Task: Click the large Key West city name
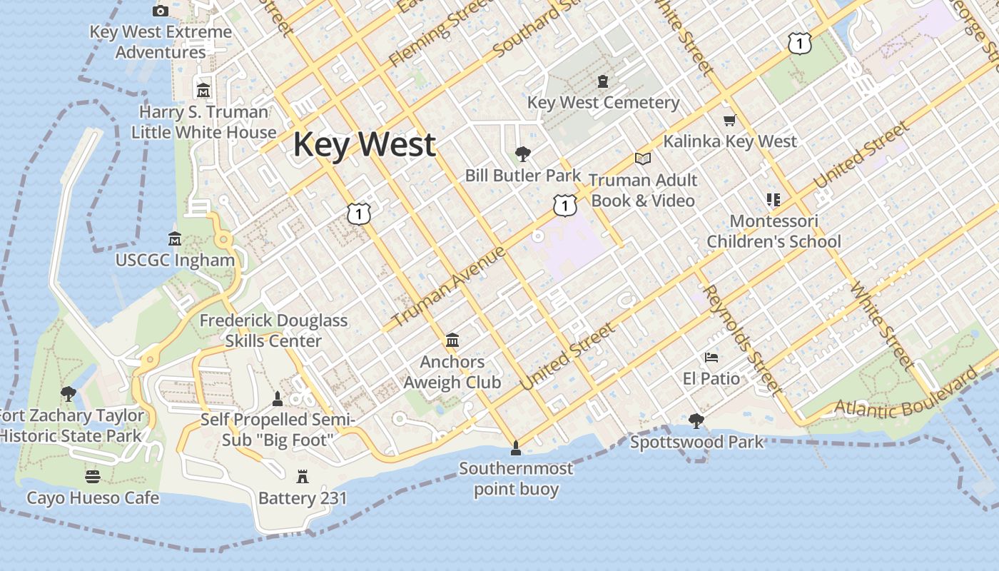(364, 144)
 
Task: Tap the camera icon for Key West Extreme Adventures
(161, 11)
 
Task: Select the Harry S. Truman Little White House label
(204, 122)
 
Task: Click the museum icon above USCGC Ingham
(174, 238)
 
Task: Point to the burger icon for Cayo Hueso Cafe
(92, 476)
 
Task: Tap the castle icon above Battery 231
(303, 476)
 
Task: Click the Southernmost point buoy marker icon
(515, 448)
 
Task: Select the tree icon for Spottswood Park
(696, 421)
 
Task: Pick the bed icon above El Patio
(711, 357)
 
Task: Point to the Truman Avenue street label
(449, 286)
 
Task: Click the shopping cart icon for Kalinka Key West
(729, 120)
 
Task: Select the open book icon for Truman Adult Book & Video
(643, 158)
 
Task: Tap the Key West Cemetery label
(603, 102)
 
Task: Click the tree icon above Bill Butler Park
(523, 153)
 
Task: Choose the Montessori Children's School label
(774, 231)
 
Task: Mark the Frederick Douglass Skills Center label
(273, 330)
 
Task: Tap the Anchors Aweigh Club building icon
(452, 340)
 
